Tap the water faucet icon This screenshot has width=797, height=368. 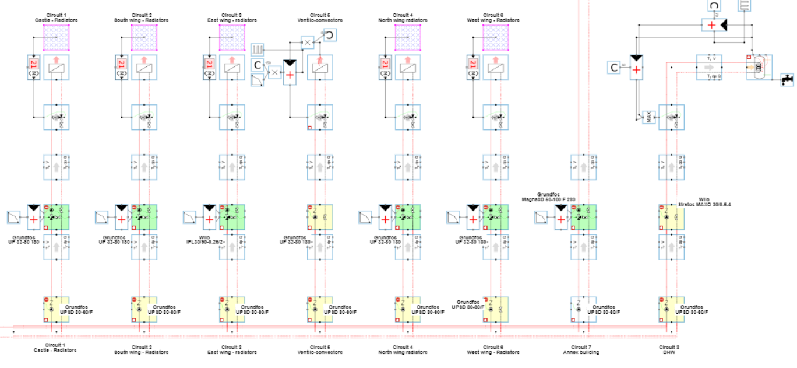coord(786,79)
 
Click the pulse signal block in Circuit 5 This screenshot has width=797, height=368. coord(258,48)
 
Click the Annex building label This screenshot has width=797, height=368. coord(580,352)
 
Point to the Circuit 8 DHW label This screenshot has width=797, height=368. coord(669,350)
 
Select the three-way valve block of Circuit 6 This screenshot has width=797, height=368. coord(495,117)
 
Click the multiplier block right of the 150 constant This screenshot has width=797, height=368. coord(275,73)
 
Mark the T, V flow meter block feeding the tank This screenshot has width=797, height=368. coord(709,68)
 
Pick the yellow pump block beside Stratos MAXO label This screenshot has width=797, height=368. coord(670,217)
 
